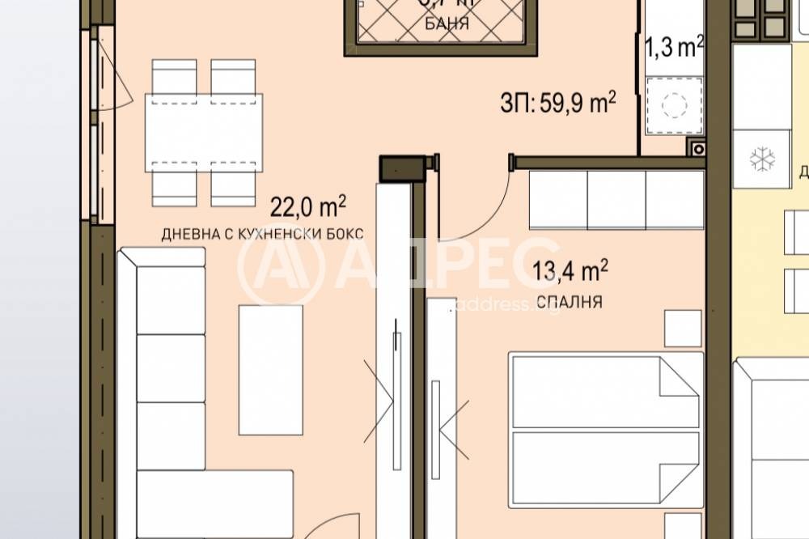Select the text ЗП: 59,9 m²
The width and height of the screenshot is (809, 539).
[x=558, y=103]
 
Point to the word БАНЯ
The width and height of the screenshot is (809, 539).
[x=446, y=23]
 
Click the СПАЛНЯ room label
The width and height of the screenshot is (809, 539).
[x=570, y=302]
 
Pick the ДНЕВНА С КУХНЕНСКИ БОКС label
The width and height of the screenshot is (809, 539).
[x=262, y=234]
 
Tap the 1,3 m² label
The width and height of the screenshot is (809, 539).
[x=672, y=49]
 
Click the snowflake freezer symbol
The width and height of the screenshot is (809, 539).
[x=761, y=159]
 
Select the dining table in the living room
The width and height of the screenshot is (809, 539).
[x=204, y=133]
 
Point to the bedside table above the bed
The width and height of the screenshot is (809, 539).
[x=683, y=328]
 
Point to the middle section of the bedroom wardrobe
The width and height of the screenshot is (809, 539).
[x=616, y=200]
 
